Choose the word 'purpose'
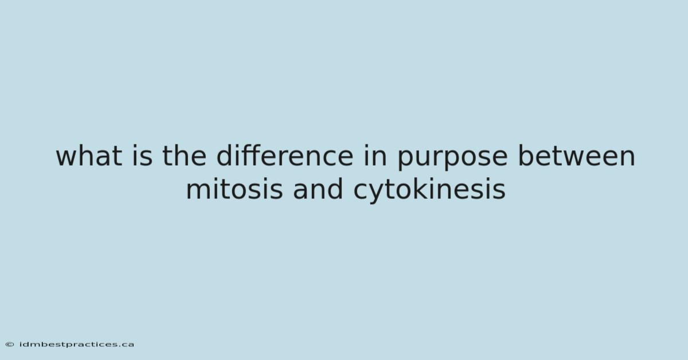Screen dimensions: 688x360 pyautogui.click(x=452, y=159)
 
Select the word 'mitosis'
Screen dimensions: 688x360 pyautogui.click(x=234, y=189)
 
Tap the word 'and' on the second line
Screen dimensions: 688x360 pyautogui.click(x=318, y=189)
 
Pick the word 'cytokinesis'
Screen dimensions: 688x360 pyautogui.click(x=429, y=190)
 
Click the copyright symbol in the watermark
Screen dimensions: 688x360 pyautogui.click(x=10, y=345)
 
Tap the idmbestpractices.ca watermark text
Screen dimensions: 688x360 pyautogui.click(x=77, y=345)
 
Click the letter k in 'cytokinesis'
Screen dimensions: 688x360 pyautogui.click(x=419, y=189)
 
